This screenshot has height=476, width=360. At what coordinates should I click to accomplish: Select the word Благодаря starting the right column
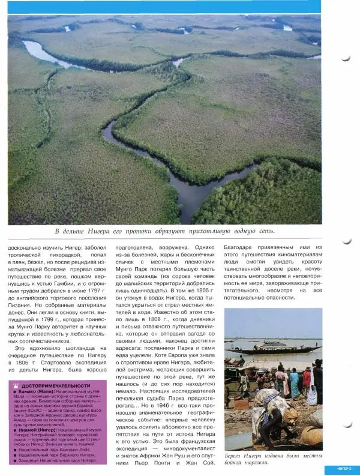[x=241, y=247]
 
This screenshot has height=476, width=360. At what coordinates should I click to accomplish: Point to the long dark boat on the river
[x=275, y=349]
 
